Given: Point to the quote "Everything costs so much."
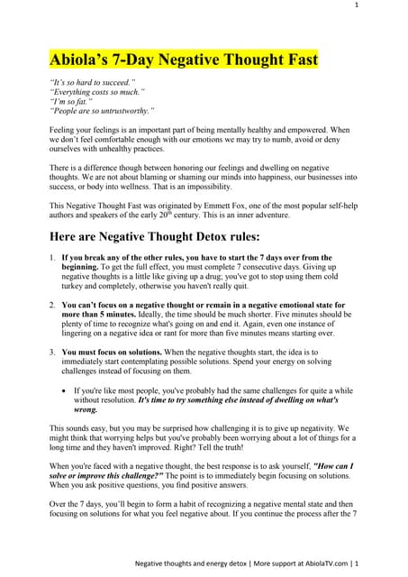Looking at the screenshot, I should coord(97,91).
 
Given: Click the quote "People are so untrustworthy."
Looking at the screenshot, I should coord(103,111).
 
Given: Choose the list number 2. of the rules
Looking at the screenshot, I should coord(52,306).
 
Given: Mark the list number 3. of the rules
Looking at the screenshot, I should coord(52,350).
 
